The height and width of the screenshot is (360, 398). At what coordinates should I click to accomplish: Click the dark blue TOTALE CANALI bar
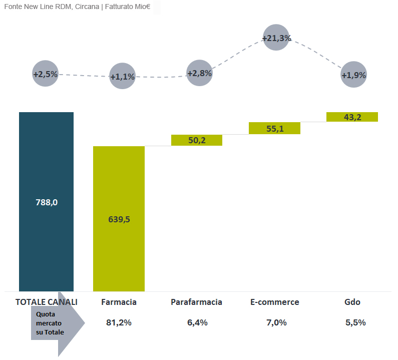(46, 202)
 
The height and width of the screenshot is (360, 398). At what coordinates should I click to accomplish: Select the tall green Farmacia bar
(119, 219)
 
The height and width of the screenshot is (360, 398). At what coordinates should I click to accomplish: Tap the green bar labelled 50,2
(197, 140)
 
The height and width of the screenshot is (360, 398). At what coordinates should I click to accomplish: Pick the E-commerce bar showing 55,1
(274, 128)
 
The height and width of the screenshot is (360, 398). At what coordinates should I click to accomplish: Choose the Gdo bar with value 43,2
(352, 117)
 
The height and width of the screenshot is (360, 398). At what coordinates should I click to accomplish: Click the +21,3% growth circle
(276, 38)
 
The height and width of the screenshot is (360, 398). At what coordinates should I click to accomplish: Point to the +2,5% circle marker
(46, 74)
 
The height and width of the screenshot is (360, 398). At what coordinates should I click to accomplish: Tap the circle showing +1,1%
(122, 76)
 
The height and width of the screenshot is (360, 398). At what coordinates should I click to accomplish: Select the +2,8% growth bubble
(200, 73)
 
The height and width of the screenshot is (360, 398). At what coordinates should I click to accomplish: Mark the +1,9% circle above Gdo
(353, 75)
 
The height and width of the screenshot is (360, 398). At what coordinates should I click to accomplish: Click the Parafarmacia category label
(196, 302)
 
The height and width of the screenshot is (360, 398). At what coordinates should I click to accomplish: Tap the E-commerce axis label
(275, 302)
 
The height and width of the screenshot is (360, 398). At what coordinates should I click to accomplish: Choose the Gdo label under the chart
(352, 302)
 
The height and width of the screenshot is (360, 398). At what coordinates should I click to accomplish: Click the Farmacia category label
(119, 302)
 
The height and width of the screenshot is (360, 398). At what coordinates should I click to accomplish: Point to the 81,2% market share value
(119, 322)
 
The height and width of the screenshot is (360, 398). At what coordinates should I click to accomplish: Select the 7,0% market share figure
(276, 322)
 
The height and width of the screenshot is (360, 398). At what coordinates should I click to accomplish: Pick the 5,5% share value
(355, 322)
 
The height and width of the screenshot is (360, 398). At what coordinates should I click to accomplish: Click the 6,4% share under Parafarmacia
(197, 322)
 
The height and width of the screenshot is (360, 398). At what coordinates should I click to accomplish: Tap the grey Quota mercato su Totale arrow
(58, 323)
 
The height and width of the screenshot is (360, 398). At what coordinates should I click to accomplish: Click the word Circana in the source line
(87, 7)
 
